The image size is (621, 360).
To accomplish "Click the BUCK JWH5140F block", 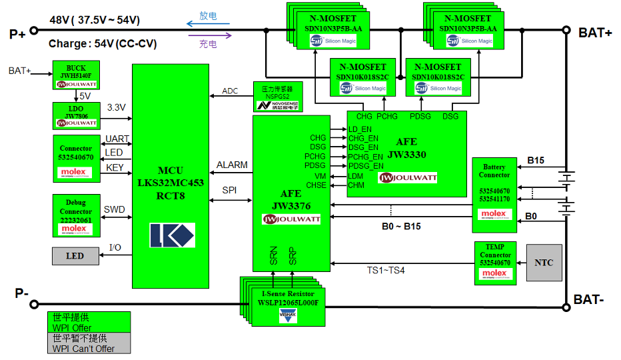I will [x=76, y=75].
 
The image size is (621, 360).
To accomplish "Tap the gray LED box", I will [x=75, y=256].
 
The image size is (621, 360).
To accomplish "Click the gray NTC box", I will [x=544, y=263].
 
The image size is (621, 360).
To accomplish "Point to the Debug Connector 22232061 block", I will [x=76, y=215].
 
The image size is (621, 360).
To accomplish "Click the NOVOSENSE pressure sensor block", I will [x=277, y=97].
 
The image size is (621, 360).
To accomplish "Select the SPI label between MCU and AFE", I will [x=229, y=191].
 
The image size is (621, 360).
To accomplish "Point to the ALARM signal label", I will [x=232, y=165].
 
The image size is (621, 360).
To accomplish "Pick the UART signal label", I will [x=117, y=139].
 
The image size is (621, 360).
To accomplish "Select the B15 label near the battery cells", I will [x=536, y=160].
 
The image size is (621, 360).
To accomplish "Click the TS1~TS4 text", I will [x=386, y=271].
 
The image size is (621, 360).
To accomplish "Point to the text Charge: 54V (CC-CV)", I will [x=103, y=44].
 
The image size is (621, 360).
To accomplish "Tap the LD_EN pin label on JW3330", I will [x=360, y=129].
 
